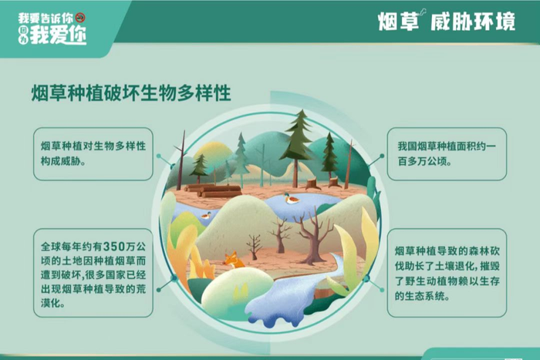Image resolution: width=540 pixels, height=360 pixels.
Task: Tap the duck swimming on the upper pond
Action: [291, 199]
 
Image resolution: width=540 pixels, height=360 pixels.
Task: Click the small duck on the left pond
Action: [206, 215]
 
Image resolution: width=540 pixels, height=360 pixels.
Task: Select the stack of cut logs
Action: [213, 190]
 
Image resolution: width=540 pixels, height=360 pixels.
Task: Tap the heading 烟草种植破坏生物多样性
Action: [131, 93]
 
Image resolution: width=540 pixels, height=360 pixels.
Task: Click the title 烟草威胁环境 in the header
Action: [447, 22]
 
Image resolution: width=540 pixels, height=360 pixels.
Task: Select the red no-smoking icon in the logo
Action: [80, 18]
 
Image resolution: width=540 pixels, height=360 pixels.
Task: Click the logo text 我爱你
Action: [58, 35]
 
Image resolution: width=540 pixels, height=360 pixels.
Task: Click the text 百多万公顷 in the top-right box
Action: [422, 161]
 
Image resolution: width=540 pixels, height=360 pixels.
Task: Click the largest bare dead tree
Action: [312, 234]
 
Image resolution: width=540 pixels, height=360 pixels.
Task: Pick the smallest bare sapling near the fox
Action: [254, 247]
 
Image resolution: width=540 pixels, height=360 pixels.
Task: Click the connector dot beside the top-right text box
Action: [382, 156]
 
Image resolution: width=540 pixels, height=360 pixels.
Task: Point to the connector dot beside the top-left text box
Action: [159, 156]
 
